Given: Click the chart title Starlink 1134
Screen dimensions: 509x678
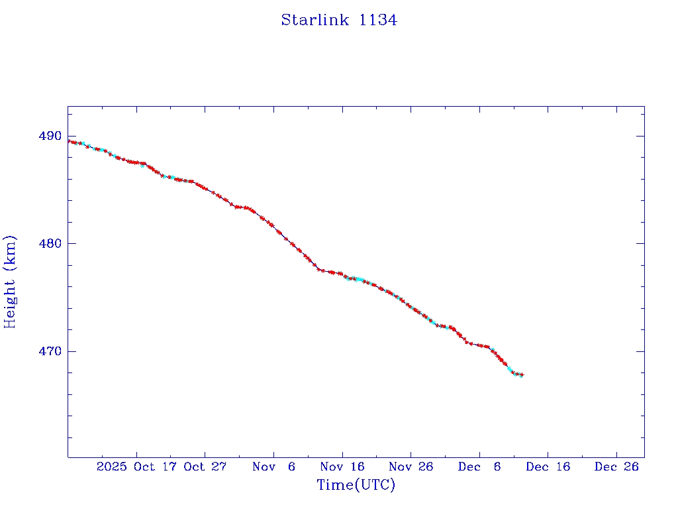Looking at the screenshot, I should [x=338, y=20].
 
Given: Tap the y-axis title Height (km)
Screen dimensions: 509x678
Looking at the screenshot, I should [x=10, y=281].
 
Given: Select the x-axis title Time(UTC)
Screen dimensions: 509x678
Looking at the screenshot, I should [x=356, y=485].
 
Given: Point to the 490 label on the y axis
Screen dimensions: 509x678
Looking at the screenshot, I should [x=50, y=136].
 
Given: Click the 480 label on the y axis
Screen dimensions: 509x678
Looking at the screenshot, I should [x=50, y=243].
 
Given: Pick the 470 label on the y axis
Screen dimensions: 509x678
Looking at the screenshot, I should [x=50, y=351].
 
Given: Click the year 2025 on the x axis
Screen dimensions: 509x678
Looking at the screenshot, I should [x=111, y=467].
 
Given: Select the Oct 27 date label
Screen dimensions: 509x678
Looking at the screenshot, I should [x=205, y=467].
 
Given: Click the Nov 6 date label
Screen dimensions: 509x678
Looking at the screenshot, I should [x=273, y=467].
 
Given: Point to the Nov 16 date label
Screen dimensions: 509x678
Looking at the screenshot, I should [x=342, y=467].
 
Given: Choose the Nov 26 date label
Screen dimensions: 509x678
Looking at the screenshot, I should [x=411, y=467].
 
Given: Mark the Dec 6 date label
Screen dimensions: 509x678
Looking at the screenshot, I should [x=479, y=467].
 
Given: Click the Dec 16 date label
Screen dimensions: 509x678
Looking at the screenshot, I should [x=548, y=467].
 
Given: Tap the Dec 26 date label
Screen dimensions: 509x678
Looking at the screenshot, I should [x=616, y=467].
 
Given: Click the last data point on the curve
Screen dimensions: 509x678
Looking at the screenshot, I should [x=522, y=375].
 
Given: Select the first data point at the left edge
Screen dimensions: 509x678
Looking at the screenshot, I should [x=69, y=141].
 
